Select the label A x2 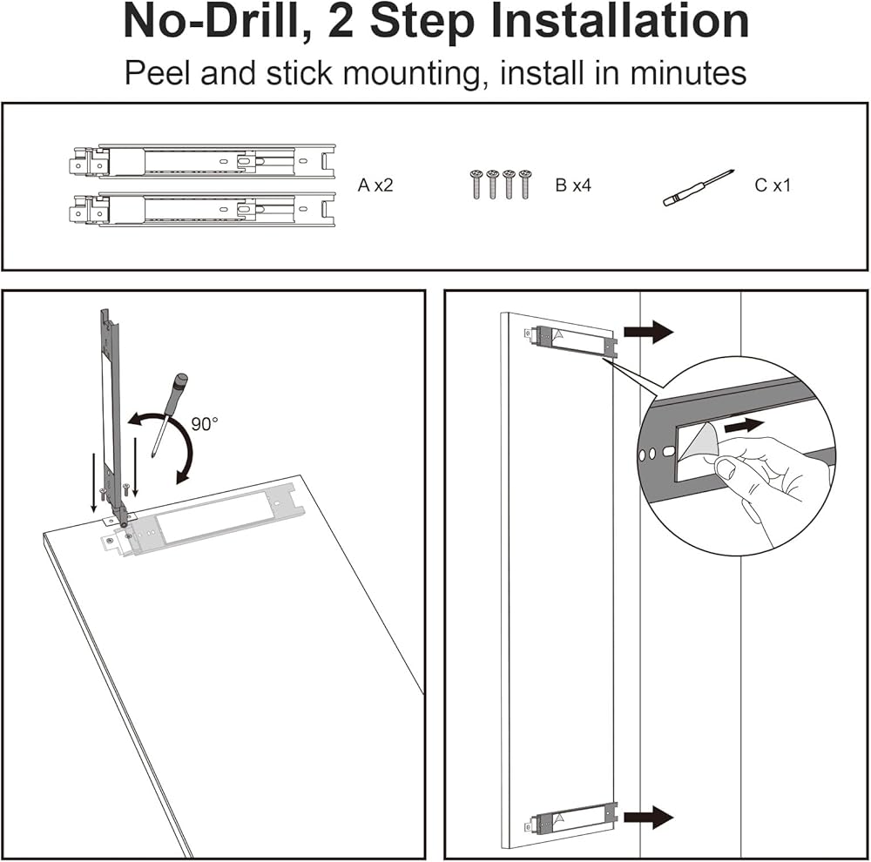pyautogui.click(x=375, y=185)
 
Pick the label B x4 pyautogui.click(x=573, y=185)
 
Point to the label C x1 pyautogui.click(x=772, y=185)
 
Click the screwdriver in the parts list pyautogui.click(x=699, y=188)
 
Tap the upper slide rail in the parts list pyautogui.click(x=202, y=161)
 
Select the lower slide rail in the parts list pyautogui.click(x=202, y=209)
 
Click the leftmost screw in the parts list pyautogui.click(x=476, y=185)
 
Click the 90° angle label pyautogui.click(x=205, y=424)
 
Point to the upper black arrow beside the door pyautogui.click(x=648, y=332)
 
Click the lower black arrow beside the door pyautogui.click(x=648, y=817)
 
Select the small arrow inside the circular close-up pyautogui.click(x=745, y=426)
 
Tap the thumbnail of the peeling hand pyautogui.click(x=727, y=468)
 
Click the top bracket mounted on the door pyautogui.click(x=571, y=340)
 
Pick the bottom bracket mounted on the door pyautogui.click(x=571, y=818)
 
